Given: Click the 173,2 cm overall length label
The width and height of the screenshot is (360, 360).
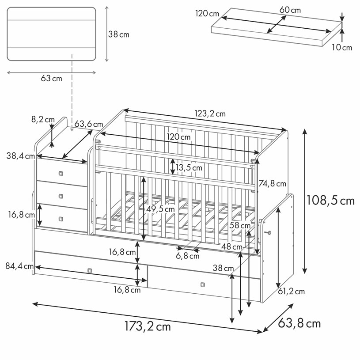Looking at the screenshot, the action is point(148,326).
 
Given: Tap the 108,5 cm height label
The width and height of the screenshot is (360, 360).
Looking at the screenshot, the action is point(330,200).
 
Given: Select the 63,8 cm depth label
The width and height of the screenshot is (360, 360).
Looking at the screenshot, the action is point(299,323).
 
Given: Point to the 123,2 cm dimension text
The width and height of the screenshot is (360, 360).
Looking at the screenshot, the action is point(210,114).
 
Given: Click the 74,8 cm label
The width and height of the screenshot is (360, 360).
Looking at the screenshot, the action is point(272,184).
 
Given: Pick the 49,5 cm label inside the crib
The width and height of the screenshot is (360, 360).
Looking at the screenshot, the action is point(160,209).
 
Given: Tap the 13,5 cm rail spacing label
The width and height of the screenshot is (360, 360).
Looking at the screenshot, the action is point(189,167).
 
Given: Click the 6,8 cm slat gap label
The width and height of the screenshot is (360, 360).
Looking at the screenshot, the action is point(188,256).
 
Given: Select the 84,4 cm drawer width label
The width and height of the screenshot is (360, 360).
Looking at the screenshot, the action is point(19,266).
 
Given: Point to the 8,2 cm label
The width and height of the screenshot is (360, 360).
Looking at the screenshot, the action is point(43,120).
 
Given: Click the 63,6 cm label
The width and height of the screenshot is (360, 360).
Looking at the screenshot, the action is point(89,124).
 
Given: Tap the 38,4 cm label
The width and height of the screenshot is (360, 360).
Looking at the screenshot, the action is point(21,156).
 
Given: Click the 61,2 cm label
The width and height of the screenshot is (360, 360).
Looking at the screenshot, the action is point(292,292).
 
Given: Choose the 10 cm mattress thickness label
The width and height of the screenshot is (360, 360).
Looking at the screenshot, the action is point(341,48).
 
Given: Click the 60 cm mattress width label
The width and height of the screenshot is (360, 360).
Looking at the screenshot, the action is point(290,10).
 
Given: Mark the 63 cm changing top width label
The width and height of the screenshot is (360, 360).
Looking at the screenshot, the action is point(51,79).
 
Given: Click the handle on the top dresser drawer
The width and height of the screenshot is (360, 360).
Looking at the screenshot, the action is point(61,173).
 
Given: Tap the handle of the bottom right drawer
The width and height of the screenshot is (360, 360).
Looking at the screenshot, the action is point(202,285).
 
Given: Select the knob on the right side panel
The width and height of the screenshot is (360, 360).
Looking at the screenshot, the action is point(268,233).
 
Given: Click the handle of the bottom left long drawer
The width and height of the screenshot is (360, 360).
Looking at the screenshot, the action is point(90,271).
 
